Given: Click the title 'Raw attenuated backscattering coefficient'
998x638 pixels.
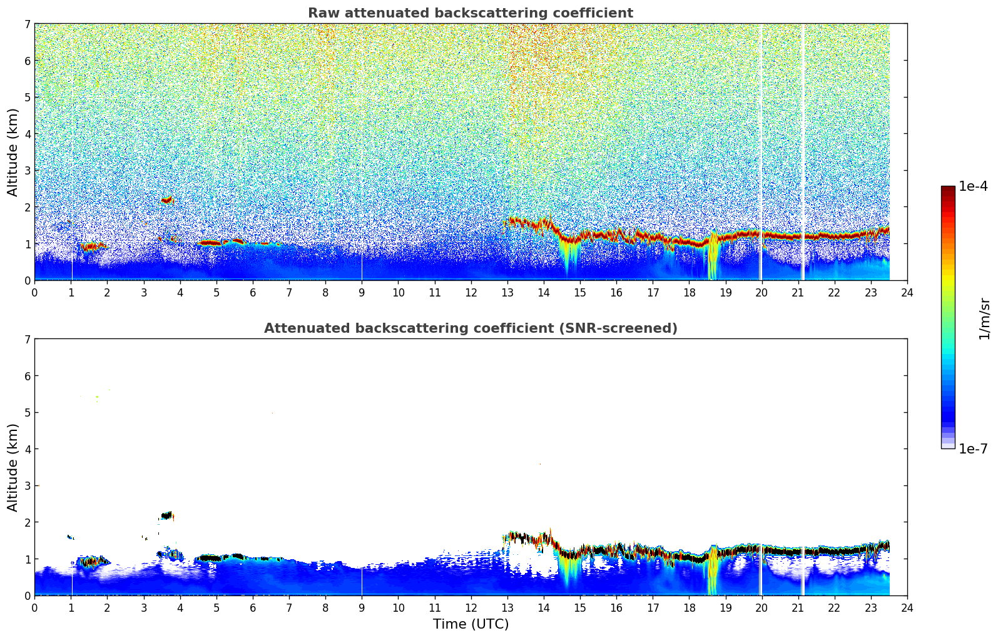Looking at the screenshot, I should [x=470, y=13].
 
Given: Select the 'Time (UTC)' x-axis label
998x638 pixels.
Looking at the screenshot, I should [x=471, y=624].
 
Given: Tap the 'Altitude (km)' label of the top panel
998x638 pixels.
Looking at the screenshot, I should [x=13, y=152].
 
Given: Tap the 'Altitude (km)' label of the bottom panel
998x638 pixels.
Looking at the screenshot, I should [x=13, y=467].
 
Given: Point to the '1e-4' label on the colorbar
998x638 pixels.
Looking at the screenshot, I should [x=973, y=186].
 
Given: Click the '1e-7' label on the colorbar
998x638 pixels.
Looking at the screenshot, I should [x=973, y=449].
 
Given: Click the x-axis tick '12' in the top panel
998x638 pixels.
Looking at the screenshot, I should [x=471, y=292].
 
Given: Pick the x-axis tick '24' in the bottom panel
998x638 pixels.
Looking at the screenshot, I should [x=907, y=607].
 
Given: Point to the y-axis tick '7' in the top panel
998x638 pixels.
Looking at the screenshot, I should [x=28, y=24].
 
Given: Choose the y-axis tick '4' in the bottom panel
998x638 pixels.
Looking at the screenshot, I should [x=28, y=449].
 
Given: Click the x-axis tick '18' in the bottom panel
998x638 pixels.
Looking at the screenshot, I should [x=689, y=607].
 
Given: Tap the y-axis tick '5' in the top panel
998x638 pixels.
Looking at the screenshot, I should [x=28, y=97].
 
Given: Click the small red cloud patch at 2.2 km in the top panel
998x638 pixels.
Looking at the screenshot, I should [x=166, y=200].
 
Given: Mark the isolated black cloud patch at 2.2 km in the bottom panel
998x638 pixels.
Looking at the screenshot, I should [x=166, y=515].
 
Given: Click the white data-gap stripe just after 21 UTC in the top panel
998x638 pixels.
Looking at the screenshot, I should [x=803, y=150].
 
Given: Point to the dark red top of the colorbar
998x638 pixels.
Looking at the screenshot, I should [x=947, y=189].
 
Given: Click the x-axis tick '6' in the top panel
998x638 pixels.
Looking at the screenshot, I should [x=253, y=292].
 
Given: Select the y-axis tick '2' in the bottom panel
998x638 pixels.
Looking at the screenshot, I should [x=28, y=522].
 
